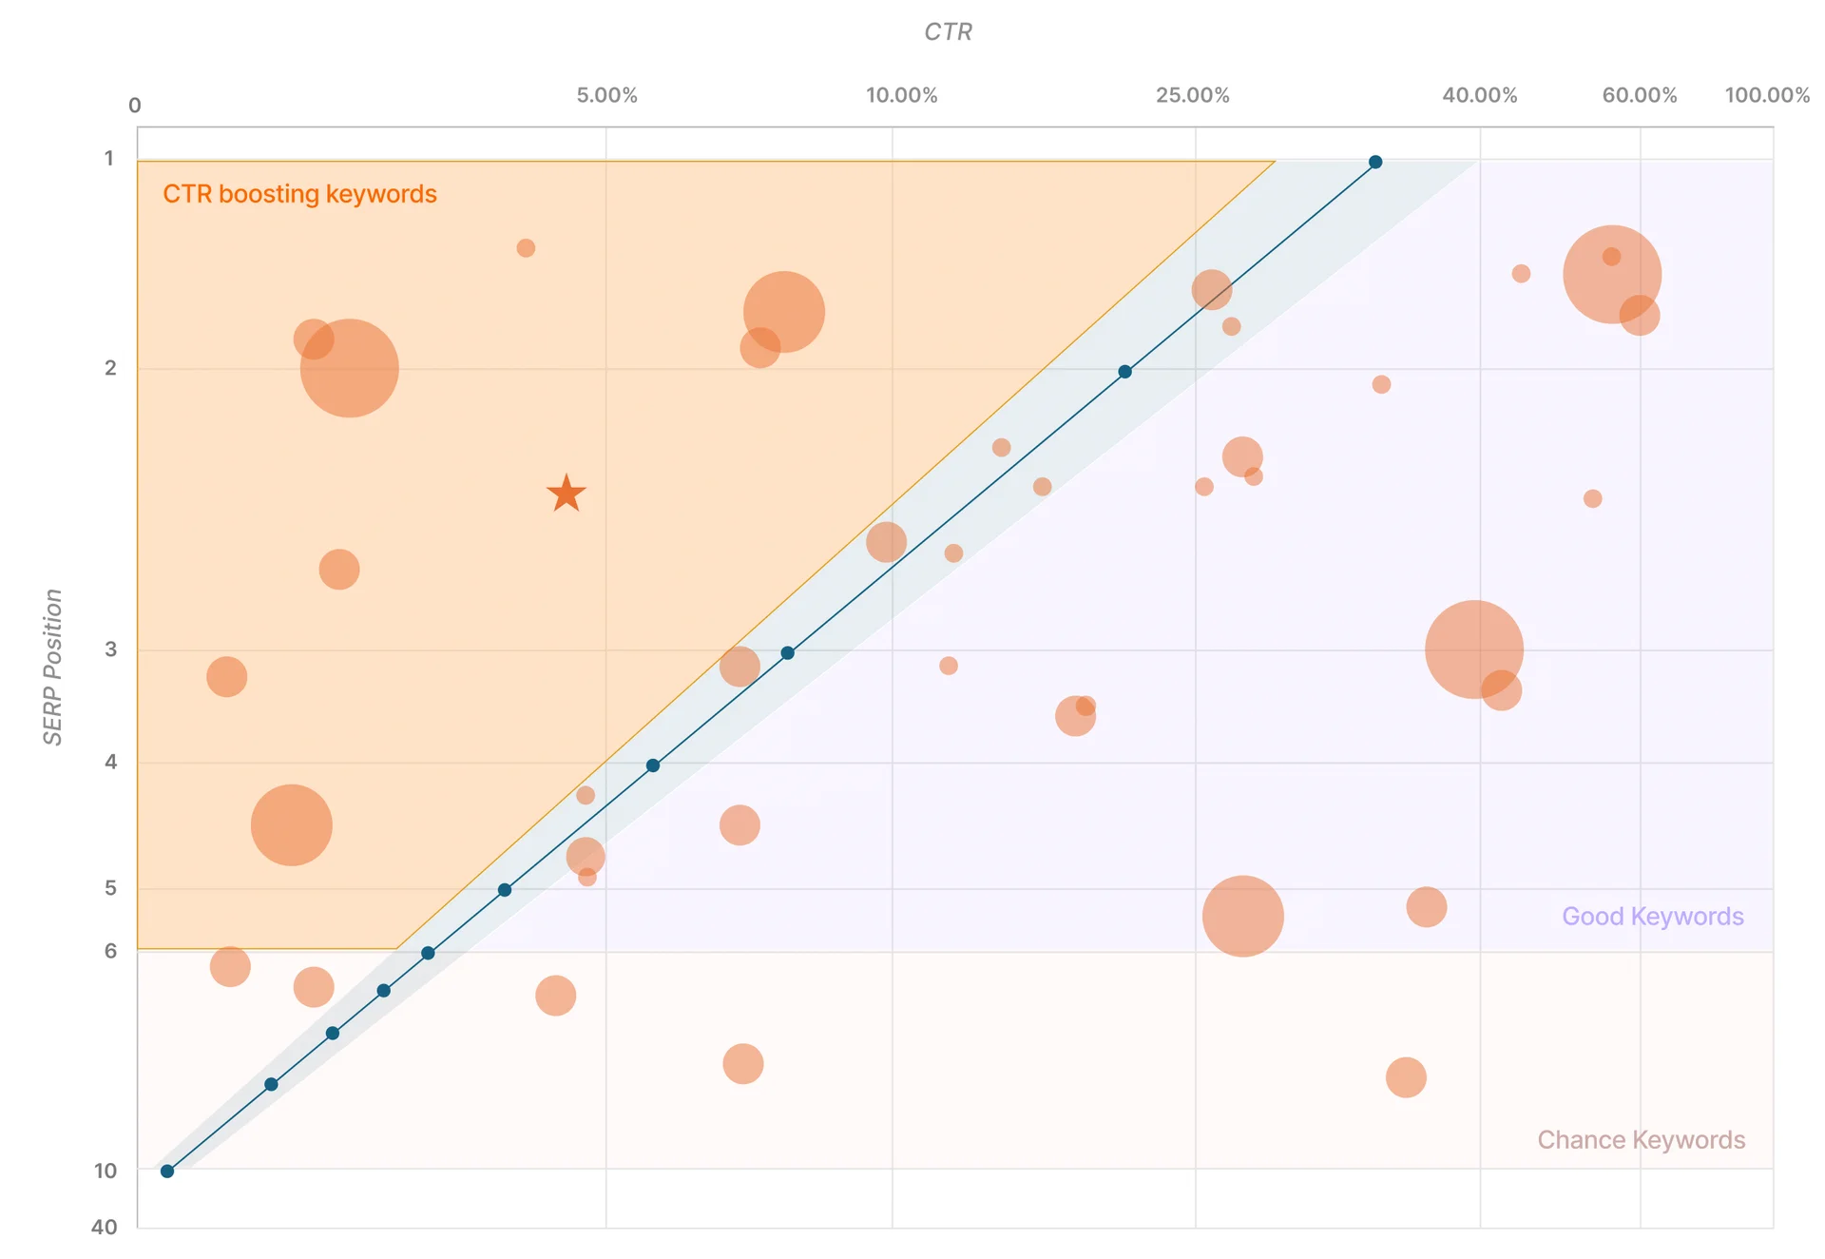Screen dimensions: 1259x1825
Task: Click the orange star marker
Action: point(567,494)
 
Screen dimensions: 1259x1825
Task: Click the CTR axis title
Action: point(948,32)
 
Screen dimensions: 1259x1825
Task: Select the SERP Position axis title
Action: point(53,667)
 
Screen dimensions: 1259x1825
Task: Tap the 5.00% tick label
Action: point(606,95)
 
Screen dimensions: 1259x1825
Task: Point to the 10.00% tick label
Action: point(901,95)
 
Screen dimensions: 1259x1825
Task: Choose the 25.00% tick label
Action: point(1192,95)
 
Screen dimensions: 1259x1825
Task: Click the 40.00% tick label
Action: point(1479,95)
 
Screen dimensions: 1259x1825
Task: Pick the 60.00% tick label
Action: point(1639,95)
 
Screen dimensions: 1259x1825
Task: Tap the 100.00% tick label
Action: point(1767,95)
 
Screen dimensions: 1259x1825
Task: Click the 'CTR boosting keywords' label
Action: point(299,194)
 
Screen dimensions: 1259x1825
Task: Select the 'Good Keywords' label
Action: point(1652,916)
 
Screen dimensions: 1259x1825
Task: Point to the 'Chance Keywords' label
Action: point(1641,1139)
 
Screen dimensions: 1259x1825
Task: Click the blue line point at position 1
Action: point(1375,162)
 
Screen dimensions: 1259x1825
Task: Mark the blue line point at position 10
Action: point(167,1171)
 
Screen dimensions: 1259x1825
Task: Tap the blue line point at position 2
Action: point(1124,372)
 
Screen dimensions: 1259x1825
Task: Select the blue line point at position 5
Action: point(505,890)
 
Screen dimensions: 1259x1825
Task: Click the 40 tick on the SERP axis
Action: point(105,1227)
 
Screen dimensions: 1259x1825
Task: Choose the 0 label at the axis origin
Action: point(135,106)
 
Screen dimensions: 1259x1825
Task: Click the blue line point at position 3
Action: point(787,652)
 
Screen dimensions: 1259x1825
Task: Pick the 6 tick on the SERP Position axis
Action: point(110,951)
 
